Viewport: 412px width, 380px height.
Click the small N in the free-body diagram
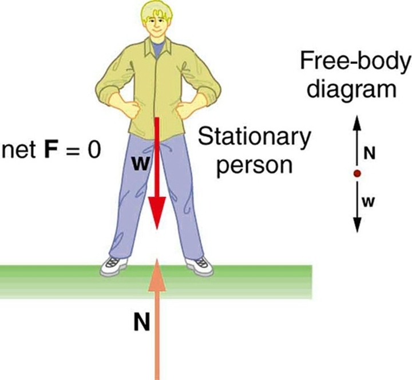pyautogui.click(x=369, y=153)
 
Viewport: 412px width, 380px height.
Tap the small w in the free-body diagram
pyautogui.click(x=370, y=201)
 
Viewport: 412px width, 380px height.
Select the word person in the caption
pyautogui.click(x=255, y=164)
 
